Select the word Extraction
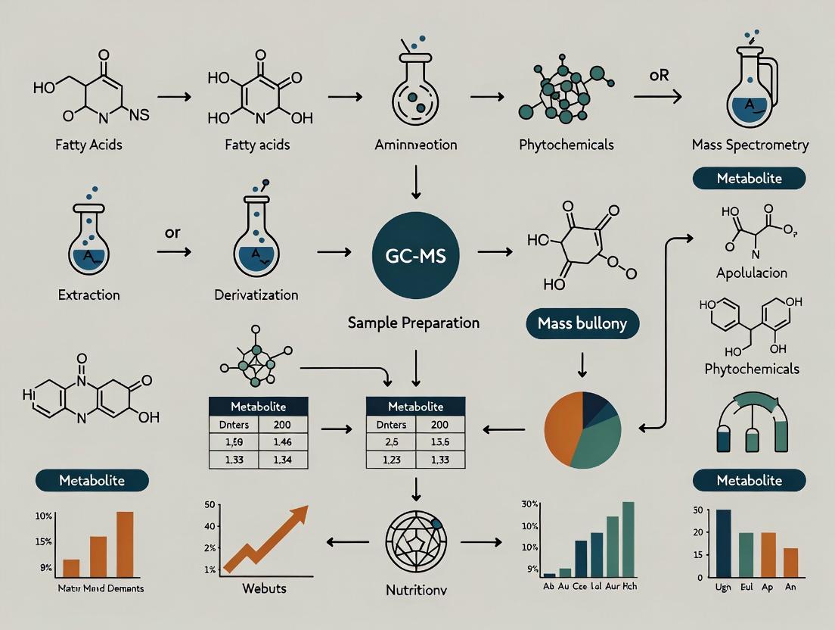[x=88, y=295]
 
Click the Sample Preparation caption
[x=414, y=323]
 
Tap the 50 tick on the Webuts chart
[x=212, y=505]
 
